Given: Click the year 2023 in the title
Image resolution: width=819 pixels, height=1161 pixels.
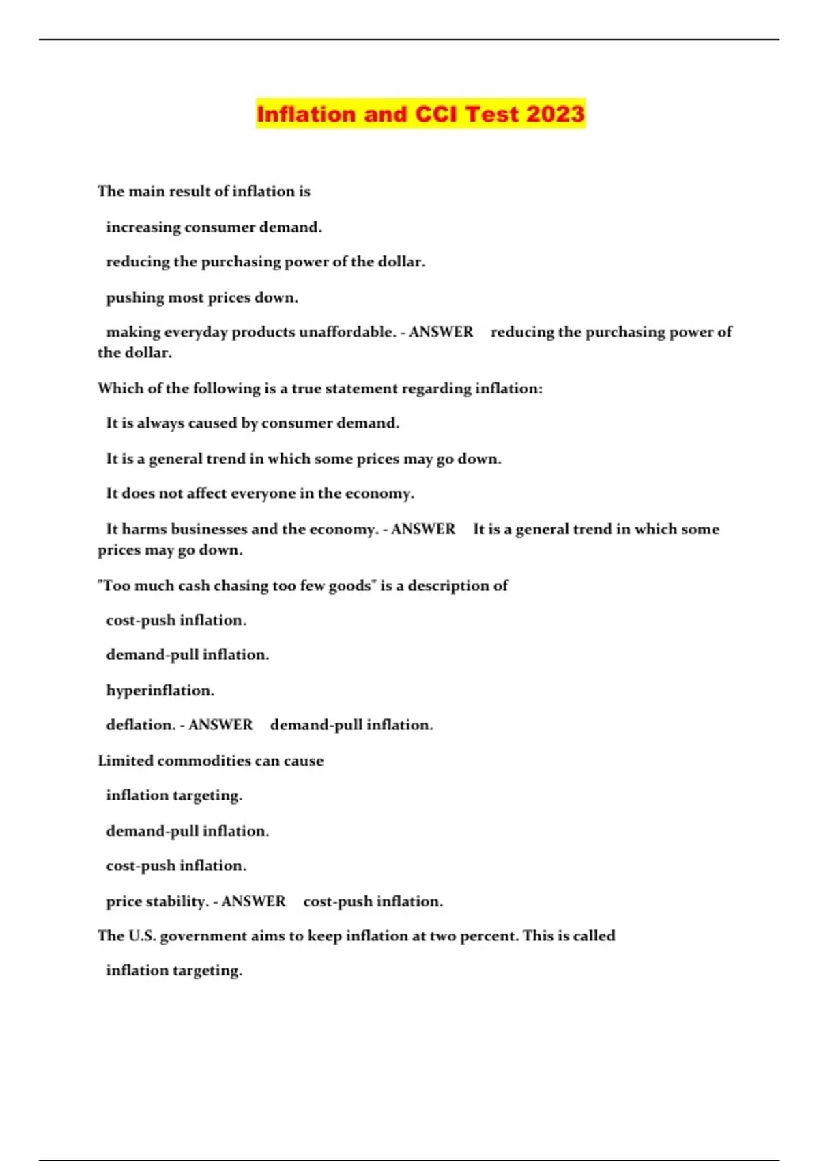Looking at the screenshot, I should point(555,114).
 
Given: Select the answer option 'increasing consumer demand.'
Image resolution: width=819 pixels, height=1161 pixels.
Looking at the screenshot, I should point(214,227).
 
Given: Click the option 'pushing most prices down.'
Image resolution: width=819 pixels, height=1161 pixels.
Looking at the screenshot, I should point(202,298).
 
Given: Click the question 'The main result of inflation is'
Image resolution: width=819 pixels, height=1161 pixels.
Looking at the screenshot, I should point(203,191).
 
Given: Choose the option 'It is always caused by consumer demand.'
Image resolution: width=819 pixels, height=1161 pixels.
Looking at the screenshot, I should point(253,423).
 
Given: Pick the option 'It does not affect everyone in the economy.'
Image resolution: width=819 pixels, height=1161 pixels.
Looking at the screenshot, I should point(260,494).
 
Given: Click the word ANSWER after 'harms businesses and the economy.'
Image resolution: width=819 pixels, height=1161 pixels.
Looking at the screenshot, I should point(423,529).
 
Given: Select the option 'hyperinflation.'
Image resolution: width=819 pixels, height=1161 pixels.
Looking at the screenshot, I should point(160,690).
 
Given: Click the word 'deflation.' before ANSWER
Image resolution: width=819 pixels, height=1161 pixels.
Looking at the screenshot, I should point(141,725).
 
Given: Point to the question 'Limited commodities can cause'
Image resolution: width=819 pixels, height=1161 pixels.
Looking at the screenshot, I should point(210,761).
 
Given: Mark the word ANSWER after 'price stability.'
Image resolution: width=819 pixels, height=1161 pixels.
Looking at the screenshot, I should point(253,901).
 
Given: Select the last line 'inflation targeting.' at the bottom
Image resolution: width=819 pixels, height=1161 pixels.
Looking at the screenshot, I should point(174,970).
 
